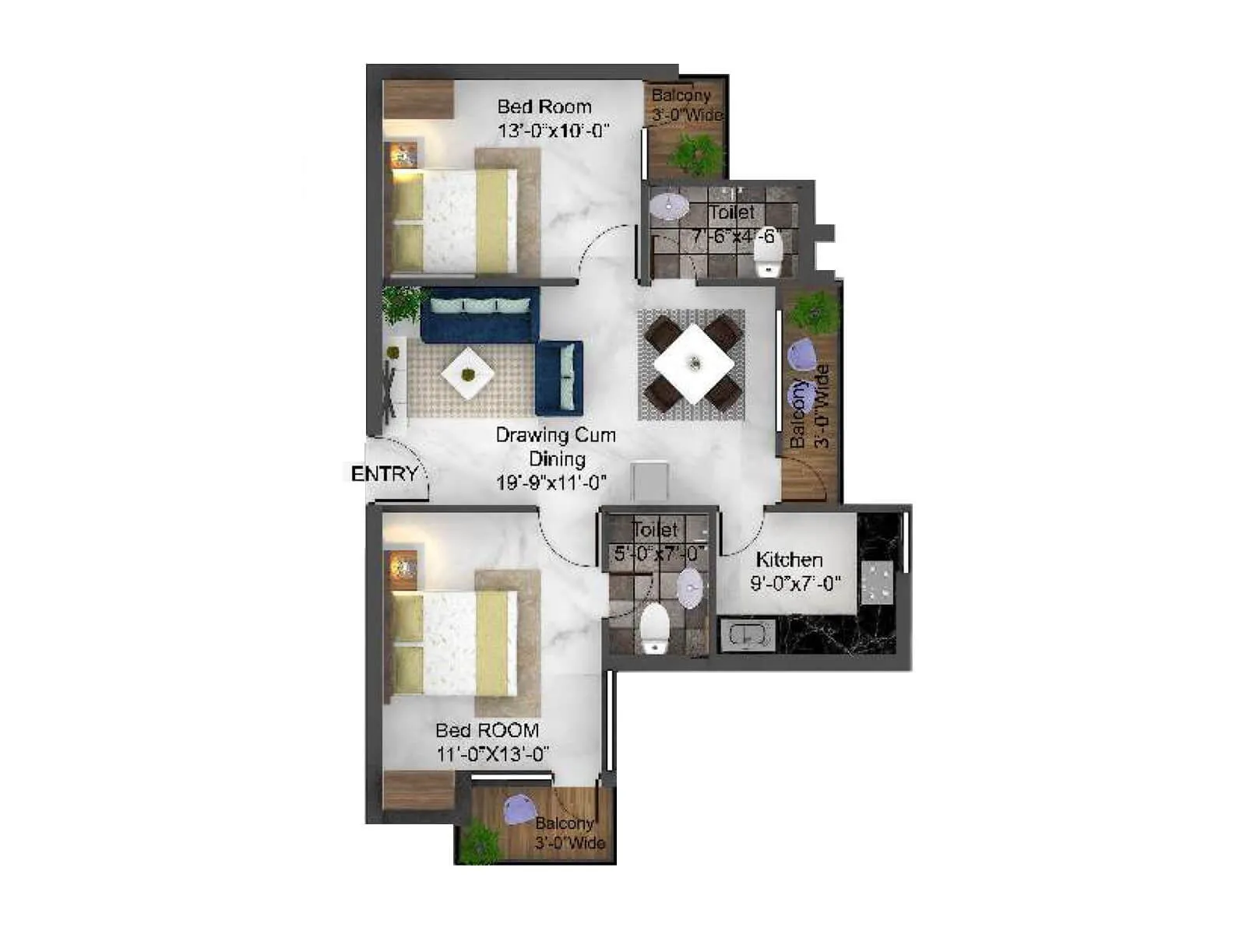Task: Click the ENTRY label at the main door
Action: (384, 473)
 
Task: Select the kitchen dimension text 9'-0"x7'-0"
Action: (795, 583)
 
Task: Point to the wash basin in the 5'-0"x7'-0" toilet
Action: (689, 588)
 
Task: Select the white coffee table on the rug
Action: (467, 374)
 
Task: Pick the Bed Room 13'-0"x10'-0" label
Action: (551, 118)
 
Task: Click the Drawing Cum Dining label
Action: (555, 447)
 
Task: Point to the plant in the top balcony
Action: (695, 153)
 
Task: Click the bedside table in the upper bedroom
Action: (403, 155)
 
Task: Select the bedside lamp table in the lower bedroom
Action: (403, 565)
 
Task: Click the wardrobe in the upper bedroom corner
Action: (418, 99)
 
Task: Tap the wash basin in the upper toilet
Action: (669, 207)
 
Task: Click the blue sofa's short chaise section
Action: (558, 377)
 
